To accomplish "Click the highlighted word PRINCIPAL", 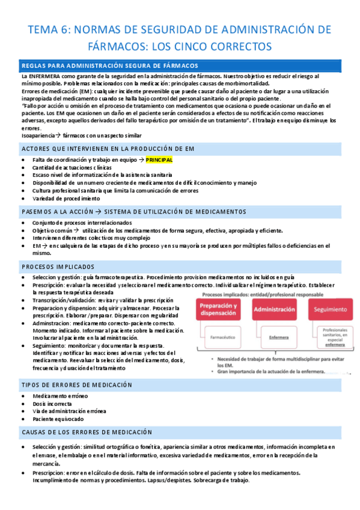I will pyautogui.click(x=159, y=160).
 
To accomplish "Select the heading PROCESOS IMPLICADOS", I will pyautogui.click(x=58, y=266).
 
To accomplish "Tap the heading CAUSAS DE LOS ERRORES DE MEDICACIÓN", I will pyautogui.click(x=87, y=432).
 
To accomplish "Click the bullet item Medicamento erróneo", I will pyautogui.click(x=60, y=396).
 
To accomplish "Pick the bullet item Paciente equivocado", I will pyautogui.click(x=59, y=419).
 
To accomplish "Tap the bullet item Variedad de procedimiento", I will pyautogui.click(x=66, y=198).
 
